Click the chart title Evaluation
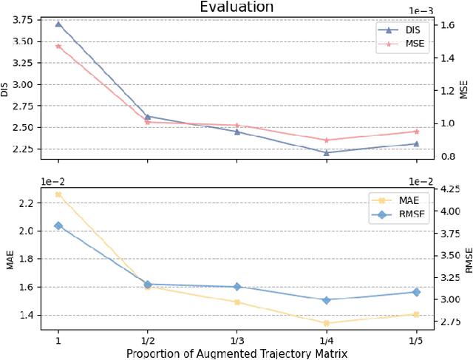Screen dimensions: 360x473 coord(236,7)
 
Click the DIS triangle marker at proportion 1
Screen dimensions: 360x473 coord(58,24)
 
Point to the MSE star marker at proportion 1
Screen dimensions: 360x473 coord(58,46)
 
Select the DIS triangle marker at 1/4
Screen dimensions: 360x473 coord(327,153)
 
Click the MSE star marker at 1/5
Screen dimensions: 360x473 coord(416,132)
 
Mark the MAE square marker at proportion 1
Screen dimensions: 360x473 coord(58,194)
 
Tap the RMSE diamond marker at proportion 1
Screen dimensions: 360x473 coord(58,225)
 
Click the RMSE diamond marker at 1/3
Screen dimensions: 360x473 coord(237,287)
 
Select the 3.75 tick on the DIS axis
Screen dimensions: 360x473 coord(24,20)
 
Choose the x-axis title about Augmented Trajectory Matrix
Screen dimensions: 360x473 coord(236,353)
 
